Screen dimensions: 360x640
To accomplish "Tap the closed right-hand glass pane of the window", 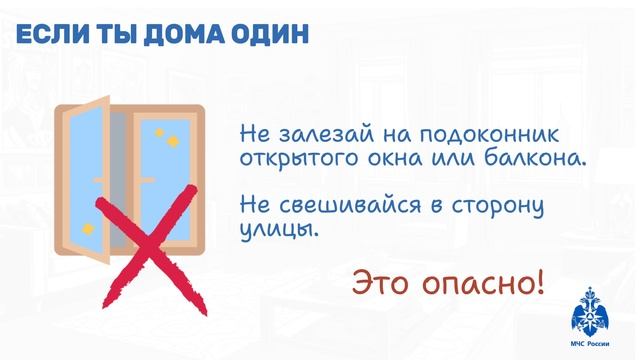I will click(x=164, y=170).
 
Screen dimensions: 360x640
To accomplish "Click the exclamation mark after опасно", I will click(x=540, y=280).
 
